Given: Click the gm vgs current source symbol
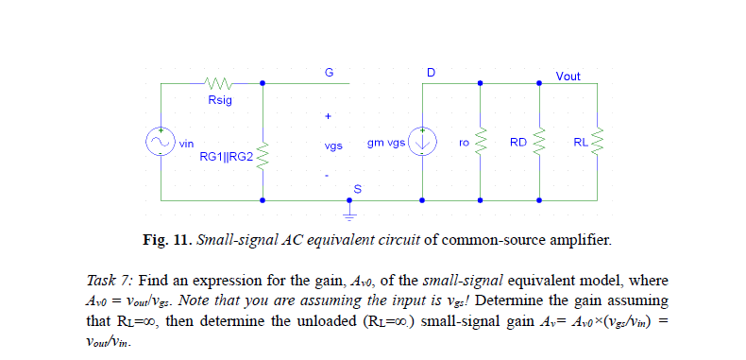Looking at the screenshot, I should (x=422, y=142).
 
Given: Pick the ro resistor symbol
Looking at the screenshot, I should (x=481, y=142).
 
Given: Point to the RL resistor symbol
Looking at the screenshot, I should (x=598, y=142).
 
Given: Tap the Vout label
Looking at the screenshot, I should (x=568, y=76).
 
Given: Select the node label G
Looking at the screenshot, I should (x=329, y=73).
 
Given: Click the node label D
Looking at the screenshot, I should (x=431, y=73).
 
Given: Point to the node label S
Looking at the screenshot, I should (x=357, y=190).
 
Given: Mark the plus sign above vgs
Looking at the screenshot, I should (x=328, y=117).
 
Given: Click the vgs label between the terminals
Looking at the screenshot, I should (x=331, y=146).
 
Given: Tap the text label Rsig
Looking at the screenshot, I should (x=219, y=98).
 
